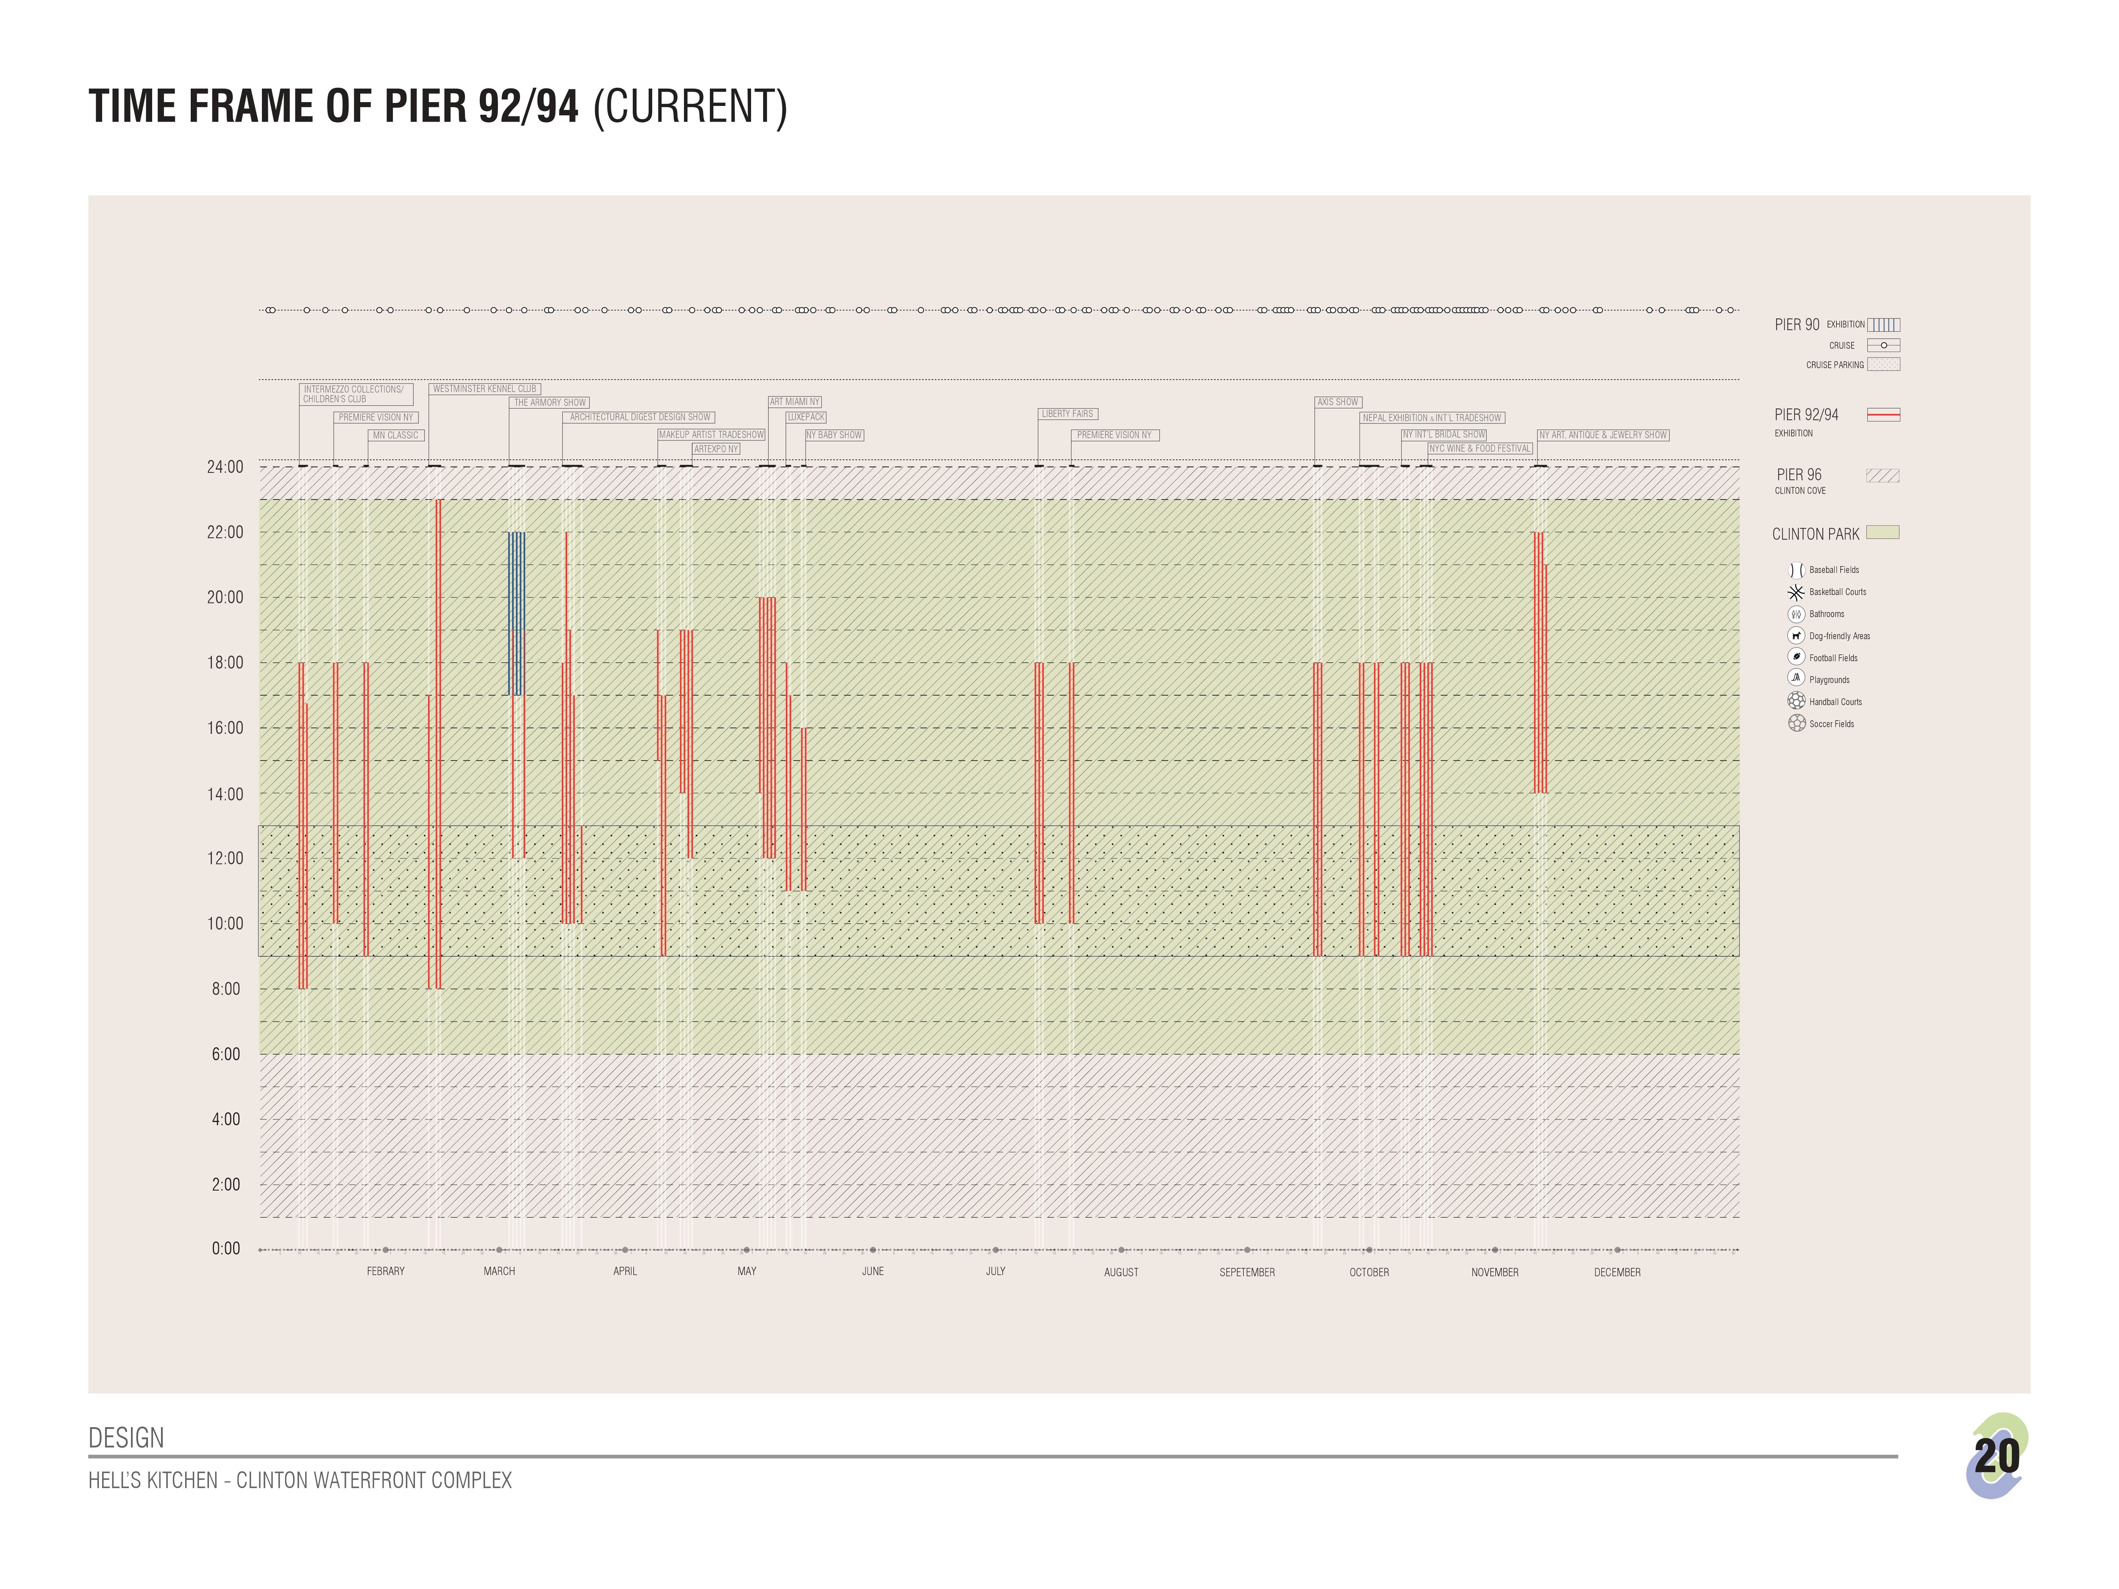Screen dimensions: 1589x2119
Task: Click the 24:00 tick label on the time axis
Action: pyautogui.click(x=225, y=467)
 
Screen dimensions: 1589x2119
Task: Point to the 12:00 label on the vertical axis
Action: pyautogui.click(x=225, y=858)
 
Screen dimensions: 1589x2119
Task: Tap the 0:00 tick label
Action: pyautogui.click(x=226, y=1249)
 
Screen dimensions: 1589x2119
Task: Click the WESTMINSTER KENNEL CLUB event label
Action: pyautogui.click(x=485, y=389)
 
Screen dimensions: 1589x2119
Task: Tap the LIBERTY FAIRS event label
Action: pyautogui.click(x=1067, y=414)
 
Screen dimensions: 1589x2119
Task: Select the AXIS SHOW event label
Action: pyautogui.click(x=1338, y=402)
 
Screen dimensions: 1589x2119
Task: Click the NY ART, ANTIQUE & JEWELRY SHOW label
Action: pyautogui.click(x=1603, y=435)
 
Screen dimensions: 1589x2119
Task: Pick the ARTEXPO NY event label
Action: pyautogui.click(x=716, y=448)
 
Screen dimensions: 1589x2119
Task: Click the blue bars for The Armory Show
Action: pyautogui.click(x=516, y=613)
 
